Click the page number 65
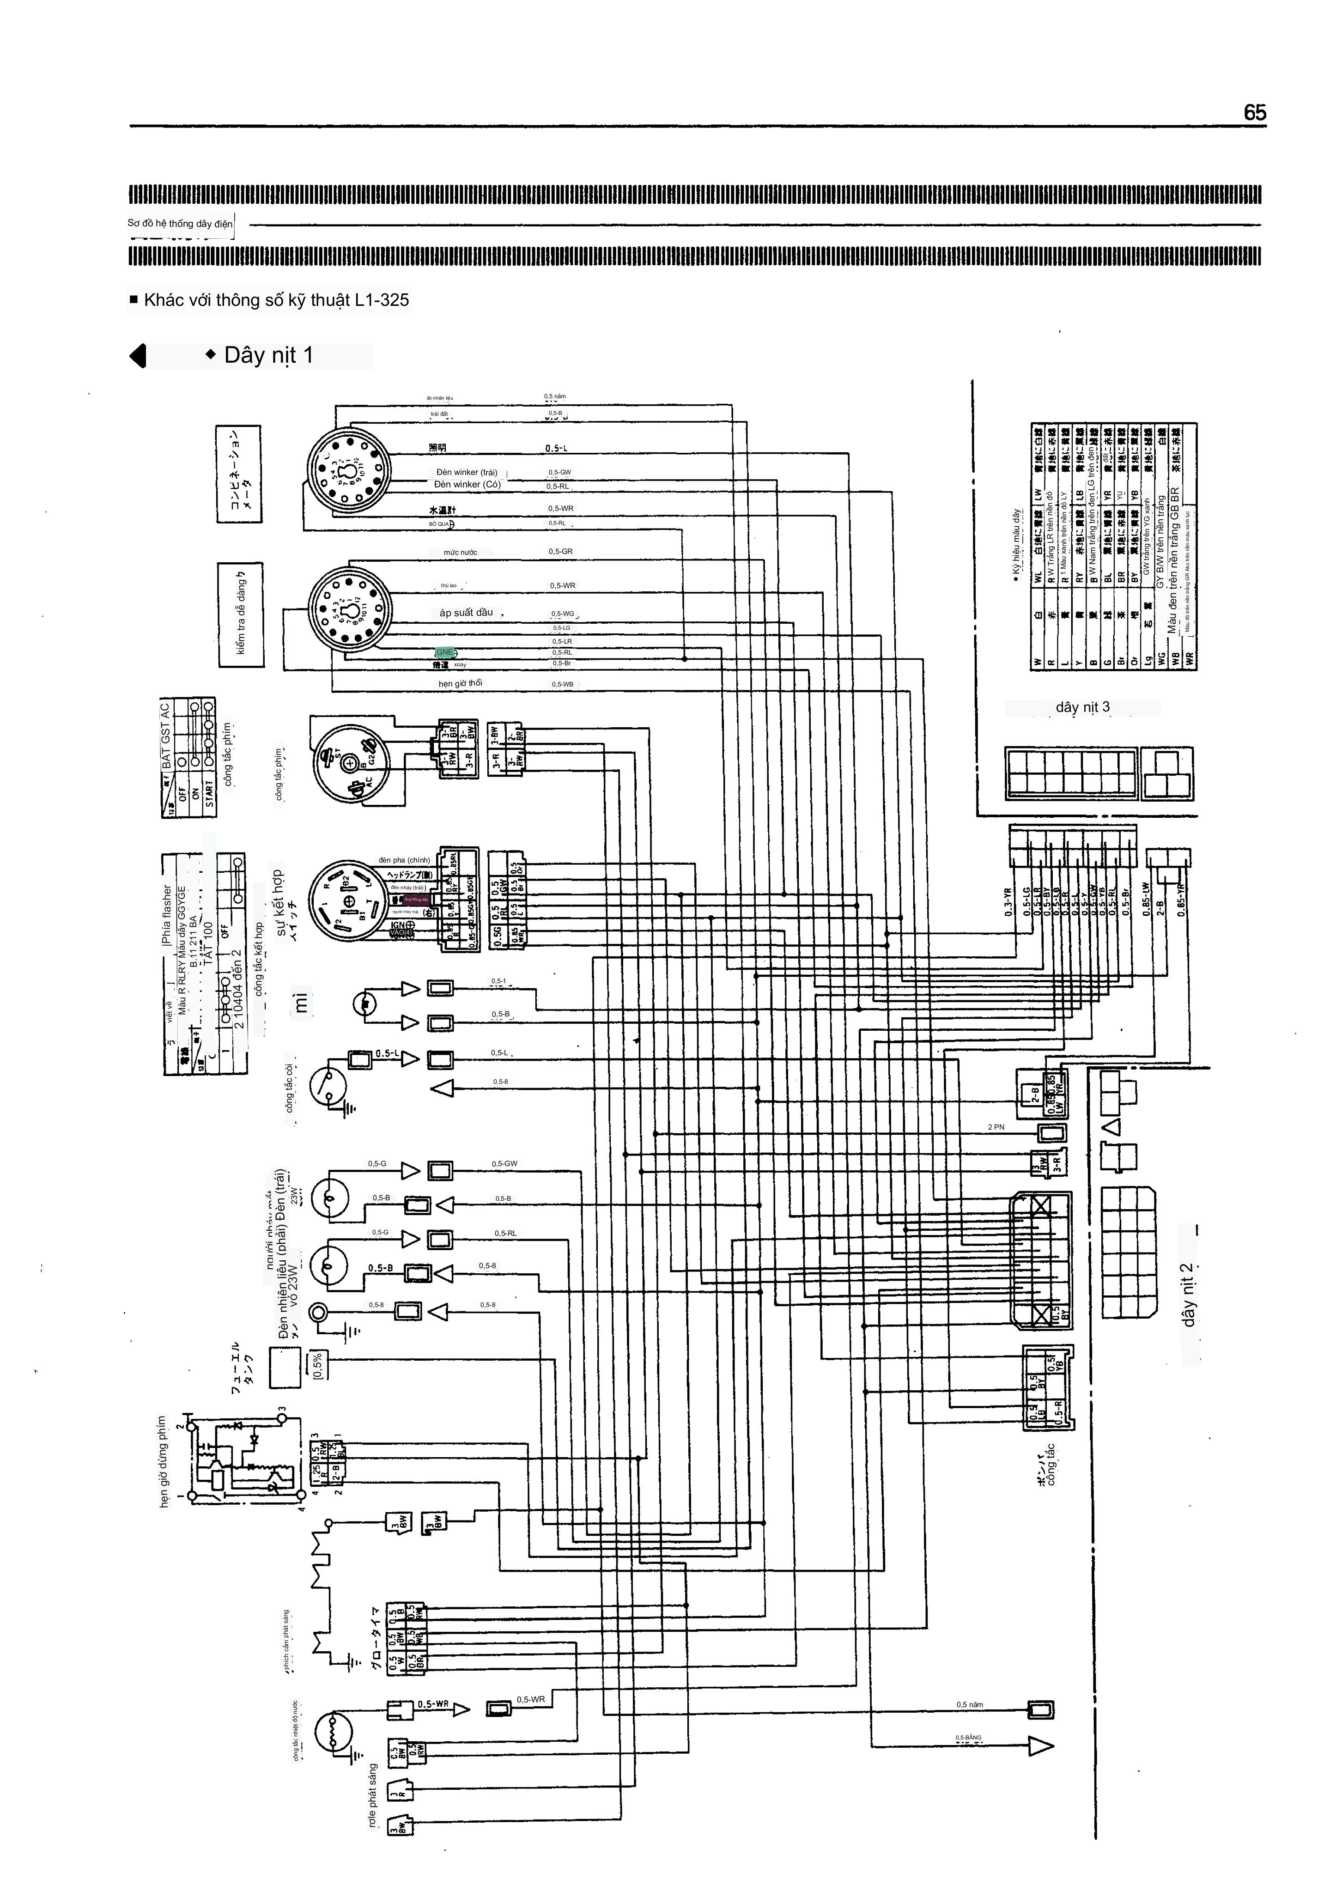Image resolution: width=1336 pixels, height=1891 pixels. pos(1254,113)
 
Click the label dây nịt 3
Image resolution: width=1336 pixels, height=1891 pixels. pos(1082,707)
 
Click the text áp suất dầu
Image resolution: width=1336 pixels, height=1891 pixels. pos(466,613)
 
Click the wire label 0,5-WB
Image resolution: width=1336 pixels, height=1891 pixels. pos(563,684)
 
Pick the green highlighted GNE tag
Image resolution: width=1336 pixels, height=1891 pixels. pos(445,652)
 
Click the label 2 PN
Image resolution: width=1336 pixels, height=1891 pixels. pos(996,1127)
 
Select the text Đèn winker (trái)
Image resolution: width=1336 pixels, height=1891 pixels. pos(467,473)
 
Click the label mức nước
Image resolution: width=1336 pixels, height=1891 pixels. pos(461,553)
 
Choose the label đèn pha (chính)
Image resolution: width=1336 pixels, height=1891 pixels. pos(404,860)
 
